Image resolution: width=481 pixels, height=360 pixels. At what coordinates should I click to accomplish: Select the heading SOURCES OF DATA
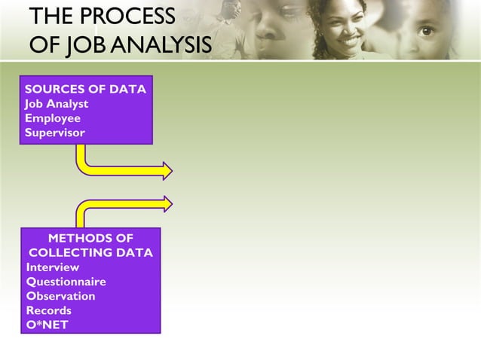pos(85,89)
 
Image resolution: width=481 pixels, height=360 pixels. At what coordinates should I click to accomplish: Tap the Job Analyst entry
pos(57,104)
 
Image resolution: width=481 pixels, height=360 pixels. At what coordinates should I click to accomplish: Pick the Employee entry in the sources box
pos(53,118)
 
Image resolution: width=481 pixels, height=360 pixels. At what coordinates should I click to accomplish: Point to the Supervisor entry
pos(55,133)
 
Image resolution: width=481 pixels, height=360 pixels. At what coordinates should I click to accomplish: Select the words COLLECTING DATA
pos(90,253)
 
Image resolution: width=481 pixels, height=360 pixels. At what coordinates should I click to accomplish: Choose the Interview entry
pos(53,267)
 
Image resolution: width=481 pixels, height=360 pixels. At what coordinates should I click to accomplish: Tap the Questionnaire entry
pos(66,282)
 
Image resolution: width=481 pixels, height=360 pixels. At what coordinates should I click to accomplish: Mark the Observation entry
pos(61,296)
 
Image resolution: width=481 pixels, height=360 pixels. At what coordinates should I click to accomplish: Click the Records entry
pos(49,310)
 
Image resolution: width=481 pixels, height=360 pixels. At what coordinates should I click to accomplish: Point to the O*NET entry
pos(47,325)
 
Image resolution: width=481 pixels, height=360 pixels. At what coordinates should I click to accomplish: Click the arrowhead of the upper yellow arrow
pos(168,170)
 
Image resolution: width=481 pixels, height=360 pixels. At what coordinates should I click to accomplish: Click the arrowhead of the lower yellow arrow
pos(168,203)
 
